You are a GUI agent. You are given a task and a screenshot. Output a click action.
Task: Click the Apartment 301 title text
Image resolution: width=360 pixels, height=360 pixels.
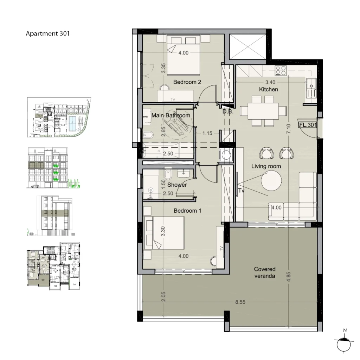47,33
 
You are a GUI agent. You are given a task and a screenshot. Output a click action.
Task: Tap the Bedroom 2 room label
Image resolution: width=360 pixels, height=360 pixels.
187,82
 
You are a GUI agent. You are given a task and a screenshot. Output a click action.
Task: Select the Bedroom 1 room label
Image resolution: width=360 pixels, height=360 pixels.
187,211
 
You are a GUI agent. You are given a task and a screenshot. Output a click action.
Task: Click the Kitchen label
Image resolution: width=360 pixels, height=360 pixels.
268,89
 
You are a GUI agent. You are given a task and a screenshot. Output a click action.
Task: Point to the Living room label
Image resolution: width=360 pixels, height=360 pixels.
266,166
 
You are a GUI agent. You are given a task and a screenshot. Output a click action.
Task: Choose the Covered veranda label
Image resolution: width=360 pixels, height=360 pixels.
265,272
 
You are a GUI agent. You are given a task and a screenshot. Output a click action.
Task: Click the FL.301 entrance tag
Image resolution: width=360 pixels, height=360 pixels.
308,125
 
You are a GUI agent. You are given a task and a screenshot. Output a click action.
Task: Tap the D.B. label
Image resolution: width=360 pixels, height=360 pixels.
228,112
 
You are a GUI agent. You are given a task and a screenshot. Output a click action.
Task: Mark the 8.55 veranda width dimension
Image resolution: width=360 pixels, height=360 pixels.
240,302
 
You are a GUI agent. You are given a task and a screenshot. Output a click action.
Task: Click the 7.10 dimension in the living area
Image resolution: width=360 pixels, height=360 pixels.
289,129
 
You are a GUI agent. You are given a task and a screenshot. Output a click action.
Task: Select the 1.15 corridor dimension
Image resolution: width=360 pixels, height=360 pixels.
207,133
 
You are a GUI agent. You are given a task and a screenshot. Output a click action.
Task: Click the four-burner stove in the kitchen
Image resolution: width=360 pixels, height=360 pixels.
281,71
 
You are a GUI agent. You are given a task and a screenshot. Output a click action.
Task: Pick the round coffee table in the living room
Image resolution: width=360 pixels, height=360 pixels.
271,181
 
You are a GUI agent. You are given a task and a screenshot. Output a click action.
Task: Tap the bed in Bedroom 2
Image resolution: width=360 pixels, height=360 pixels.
184,55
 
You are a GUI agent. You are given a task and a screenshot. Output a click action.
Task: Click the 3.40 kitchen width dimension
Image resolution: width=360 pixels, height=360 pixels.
270,82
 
